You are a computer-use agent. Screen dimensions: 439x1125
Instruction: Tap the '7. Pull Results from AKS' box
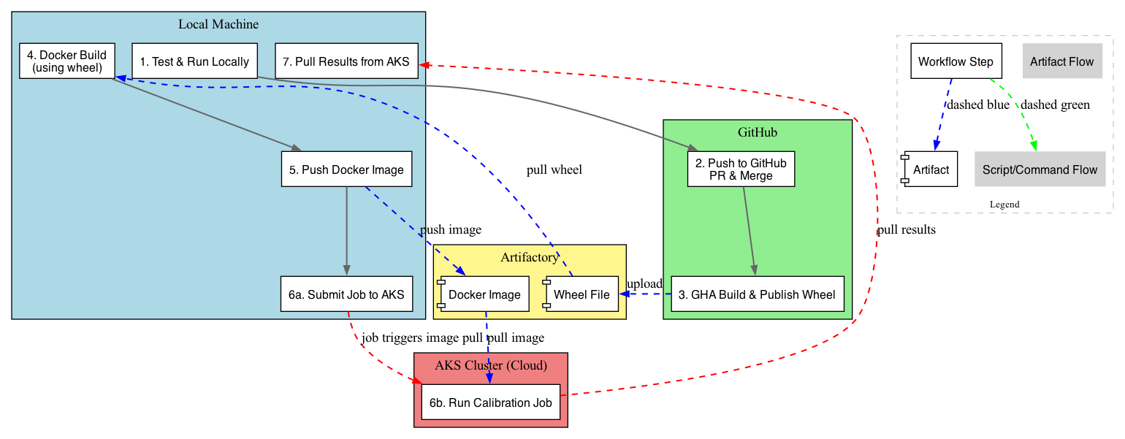(346, 61)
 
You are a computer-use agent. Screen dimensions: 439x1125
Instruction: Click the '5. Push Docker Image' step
(346, 169)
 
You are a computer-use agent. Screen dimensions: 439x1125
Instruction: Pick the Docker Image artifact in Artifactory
(483, 294)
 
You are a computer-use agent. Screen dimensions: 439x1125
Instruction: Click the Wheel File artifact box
(581, 294)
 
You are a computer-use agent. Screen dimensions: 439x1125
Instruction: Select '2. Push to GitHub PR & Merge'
(741, 169)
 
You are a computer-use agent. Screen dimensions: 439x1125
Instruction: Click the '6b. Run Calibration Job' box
(491, 402)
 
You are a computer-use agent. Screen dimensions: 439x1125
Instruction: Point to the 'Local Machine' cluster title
(218, 24)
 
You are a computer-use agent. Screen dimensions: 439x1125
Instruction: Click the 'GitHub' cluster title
(758, 132)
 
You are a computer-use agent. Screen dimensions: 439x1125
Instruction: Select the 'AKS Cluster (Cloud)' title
(491, 365)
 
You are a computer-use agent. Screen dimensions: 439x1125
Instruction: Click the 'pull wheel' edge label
(554, 170)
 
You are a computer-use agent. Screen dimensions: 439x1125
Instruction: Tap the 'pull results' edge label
(906, 229)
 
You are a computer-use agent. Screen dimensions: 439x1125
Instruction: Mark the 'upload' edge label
(644, 283)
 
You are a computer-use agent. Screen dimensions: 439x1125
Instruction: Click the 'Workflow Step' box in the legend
(956, 61)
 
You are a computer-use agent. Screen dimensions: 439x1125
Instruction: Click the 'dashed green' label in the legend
(1055, 104)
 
